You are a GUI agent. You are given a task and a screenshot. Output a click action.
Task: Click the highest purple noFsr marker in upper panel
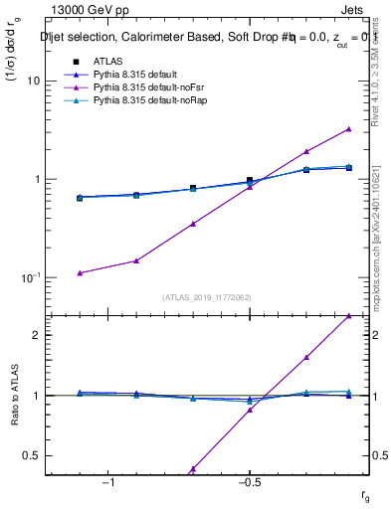pos(348,129)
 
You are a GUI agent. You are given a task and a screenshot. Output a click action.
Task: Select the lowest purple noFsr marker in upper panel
pos(80,272)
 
